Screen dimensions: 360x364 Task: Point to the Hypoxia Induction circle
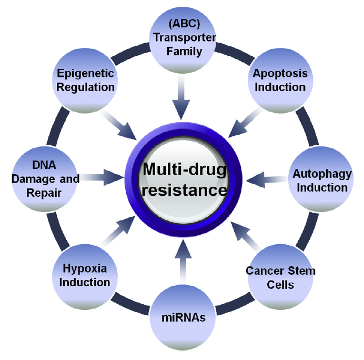coord(84,275)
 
